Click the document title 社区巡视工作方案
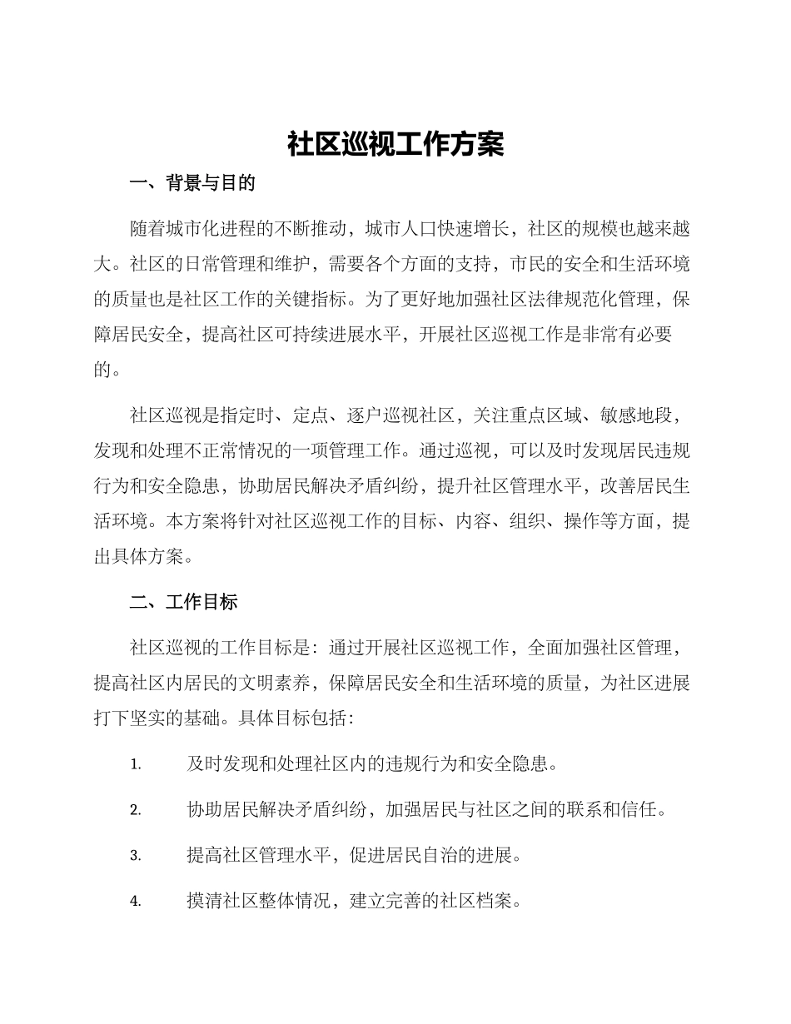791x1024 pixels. [x=395, y=144]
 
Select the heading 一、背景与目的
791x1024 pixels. [x=192, y=184]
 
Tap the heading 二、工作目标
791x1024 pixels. [x=183, y=602]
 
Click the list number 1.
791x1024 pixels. [x=136, y=764]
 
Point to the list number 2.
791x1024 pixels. [x=136, y=810]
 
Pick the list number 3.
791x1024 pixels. [x=136, y=856]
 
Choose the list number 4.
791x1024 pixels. [x=136, y=902]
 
